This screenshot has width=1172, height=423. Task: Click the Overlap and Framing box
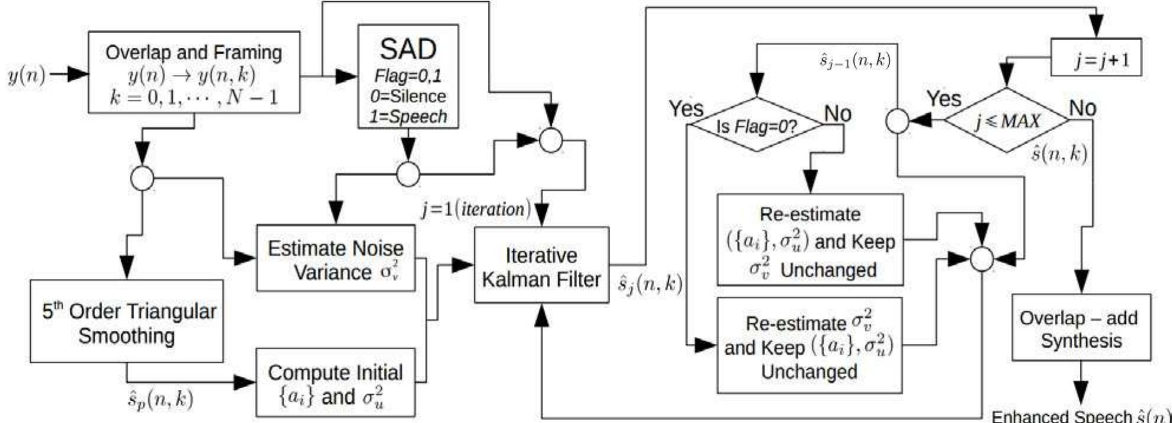click(194, 72)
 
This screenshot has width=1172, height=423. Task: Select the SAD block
click(408, 76)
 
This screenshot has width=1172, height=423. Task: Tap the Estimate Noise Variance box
click(336, 258)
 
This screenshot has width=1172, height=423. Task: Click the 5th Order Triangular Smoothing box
click(127, 321)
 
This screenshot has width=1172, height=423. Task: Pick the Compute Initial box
click(335, 383)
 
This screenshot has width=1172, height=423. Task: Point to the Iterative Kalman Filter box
click(541, 265)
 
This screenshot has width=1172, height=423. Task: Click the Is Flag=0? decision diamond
click(757, 125)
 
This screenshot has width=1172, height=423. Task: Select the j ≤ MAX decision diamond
click(1007, 121)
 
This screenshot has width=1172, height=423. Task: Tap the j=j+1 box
click(1096, 57)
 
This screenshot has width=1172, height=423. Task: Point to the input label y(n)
click(25, 76)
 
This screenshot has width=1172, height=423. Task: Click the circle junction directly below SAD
click(407, 174)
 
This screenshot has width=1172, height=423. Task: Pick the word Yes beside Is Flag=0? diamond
click(686, 109)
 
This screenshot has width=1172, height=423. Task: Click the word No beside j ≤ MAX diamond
click(1082, 108)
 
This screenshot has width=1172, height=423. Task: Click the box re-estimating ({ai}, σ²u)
click(810, 240)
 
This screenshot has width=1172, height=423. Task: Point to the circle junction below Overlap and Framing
click(142, 178)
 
